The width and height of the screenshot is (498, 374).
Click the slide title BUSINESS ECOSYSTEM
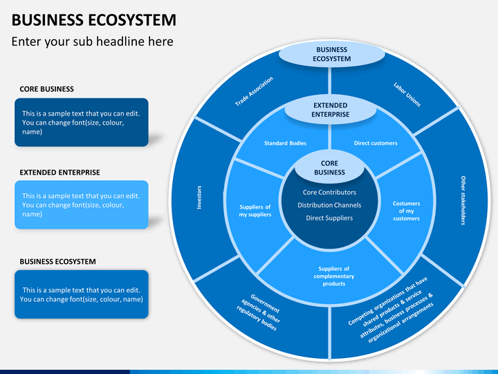[93, 19]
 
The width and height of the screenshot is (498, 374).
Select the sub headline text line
[93, 42]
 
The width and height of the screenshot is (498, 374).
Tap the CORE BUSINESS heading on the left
[47, 89]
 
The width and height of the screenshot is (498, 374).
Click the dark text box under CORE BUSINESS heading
[82, 122]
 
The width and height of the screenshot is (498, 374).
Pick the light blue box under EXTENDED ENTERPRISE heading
[82, 205]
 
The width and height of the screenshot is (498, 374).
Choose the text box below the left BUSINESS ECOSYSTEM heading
[82, 294]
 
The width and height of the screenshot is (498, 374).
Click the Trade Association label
[254, 91]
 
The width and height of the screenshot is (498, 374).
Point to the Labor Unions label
[407, 94]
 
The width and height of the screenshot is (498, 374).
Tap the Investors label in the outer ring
[199, 197]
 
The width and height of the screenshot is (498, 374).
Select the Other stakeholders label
[463, 200]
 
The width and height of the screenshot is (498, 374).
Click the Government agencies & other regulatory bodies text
[259, 312]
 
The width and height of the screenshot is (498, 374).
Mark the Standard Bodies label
[285, 143]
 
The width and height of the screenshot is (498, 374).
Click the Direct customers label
[376, 143]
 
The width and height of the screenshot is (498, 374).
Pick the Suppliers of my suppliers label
[255, 211]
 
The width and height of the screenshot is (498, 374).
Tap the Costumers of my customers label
[406, 211]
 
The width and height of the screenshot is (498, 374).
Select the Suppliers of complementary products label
[334, 276]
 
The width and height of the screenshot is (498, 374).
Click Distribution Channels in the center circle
[329, 205]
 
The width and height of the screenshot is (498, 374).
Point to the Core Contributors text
[329, 192]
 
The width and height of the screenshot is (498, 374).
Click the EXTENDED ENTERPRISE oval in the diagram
[331, 110]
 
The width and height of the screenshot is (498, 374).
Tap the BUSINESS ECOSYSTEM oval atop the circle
[332, 54]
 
